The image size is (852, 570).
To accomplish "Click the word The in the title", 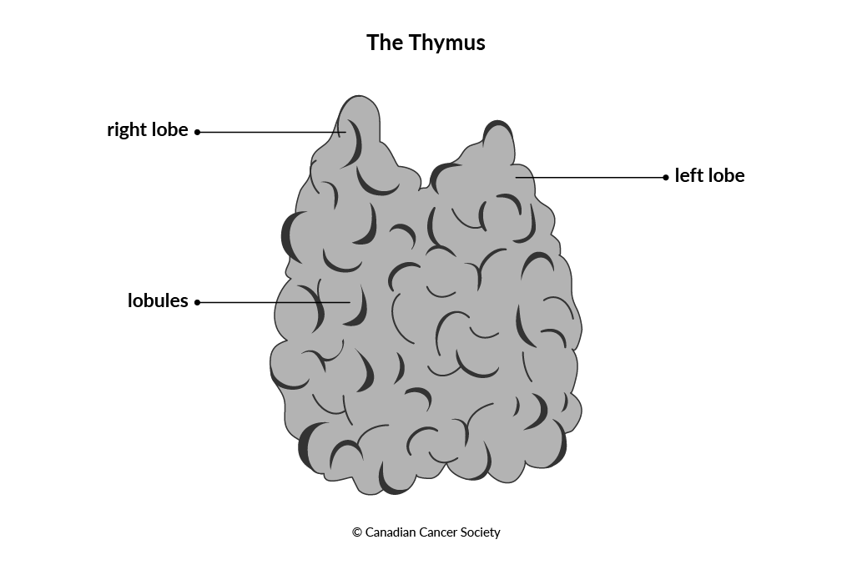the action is pos(385,43).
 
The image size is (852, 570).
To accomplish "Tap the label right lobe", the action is pos(148,130).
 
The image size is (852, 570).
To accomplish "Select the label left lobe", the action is pos(709,175).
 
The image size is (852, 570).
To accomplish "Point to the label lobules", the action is pos(158,300).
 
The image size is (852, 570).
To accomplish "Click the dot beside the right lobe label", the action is pos(197,132).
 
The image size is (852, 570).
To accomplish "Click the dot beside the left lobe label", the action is pos(666,177).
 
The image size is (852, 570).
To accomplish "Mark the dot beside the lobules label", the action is pos(197,302).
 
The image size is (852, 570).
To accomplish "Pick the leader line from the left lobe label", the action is pos(591,177).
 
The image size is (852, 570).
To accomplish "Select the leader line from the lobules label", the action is pos(274,302).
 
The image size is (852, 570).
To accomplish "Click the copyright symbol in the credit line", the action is pos(357,532).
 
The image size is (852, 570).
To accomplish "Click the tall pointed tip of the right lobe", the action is pos(359,97).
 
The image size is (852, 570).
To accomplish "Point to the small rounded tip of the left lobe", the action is pos(497,122).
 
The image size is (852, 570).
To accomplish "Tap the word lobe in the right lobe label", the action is pos(169,130).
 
